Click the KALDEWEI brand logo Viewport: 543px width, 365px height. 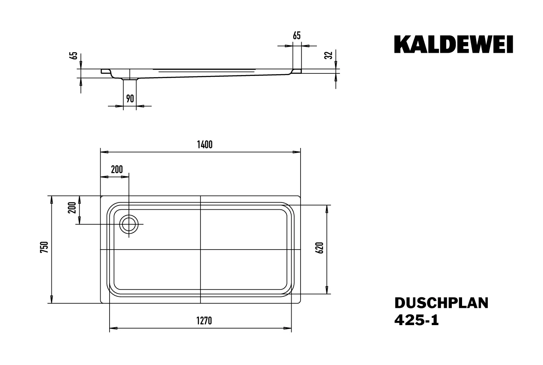[453, 45]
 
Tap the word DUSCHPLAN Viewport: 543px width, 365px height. [441, 303]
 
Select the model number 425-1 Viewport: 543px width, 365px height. [416, 320]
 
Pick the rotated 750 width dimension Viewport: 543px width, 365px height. [44, 248]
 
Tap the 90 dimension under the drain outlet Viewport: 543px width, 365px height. [130, 99]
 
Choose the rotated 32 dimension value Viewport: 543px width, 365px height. [328, 55]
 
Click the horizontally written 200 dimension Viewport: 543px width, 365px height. [116, 169]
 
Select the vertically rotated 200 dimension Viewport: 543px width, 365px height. [72, 208]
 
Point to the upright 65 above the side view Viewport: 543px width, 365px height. [296, 36]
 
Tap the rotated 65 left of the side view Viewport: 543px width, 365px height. [74, 56]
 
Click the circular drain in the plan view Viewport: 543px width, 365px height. [128, 224]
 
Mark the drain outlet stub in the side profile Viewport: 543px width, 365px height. [130, 79]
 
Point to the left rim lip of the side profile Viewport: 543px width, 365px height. [105, 71]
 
